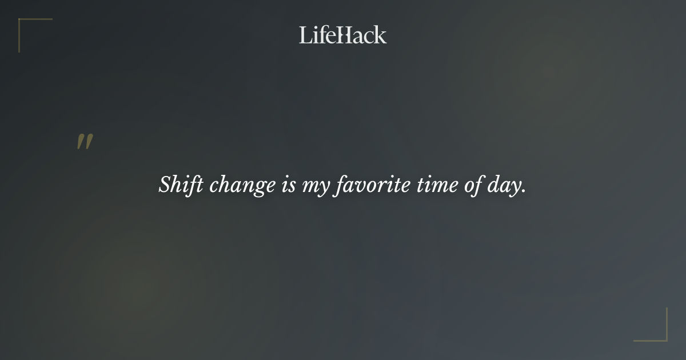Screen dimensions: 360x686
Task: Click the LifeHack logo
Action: point(342,35)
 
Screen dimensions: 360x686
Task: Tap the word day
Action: point(504,186)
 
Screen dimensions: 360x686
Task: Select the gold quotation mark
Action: point(85,142)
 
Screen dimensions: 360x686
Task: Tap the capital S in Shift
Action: point(165,185)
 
